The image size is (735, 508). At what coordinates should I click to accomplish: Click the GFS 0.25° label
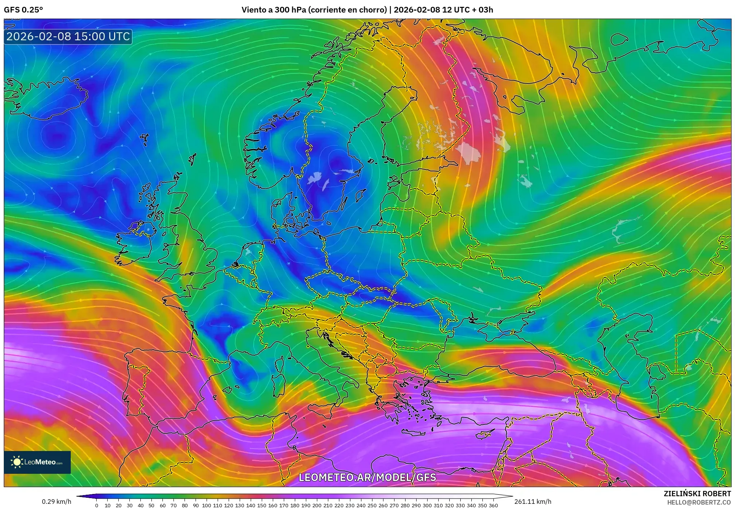coord(23,10)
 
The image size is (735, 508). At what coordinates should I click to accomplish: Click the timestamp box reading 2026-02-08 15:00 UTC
coord(68,36)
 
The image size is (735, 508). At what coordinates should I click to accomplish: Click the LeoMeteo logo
coord(37,462)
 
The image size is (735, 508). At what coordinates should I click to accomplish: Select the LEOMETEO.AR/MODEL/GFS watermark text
coord(367,477)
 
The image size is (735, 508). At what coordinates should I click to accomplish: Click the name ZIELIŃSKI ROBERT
coord(697,494)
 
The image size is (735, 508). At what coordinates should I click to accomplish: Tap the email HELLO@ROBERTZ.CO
coord(699,502)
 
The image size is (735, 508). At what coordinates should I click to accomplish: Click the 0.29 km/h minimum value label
coord(56,502)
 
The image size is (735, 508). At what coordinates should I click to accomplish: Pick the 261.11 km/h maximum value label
coord(532,502)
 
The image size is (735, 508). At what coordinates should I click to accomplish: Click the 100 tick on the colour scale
coord(206,505)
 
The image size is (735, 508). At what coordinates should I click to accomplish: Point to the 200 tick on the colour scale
coord(317,505)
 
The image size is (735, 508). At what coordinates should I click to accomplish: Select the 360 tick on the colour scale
coord(493,505)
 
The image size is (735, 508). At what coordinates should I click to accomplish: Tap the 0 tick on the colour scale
coord(97,505)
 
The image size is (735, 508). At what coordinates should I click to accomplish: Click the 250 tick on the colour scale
coord(372,505)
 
